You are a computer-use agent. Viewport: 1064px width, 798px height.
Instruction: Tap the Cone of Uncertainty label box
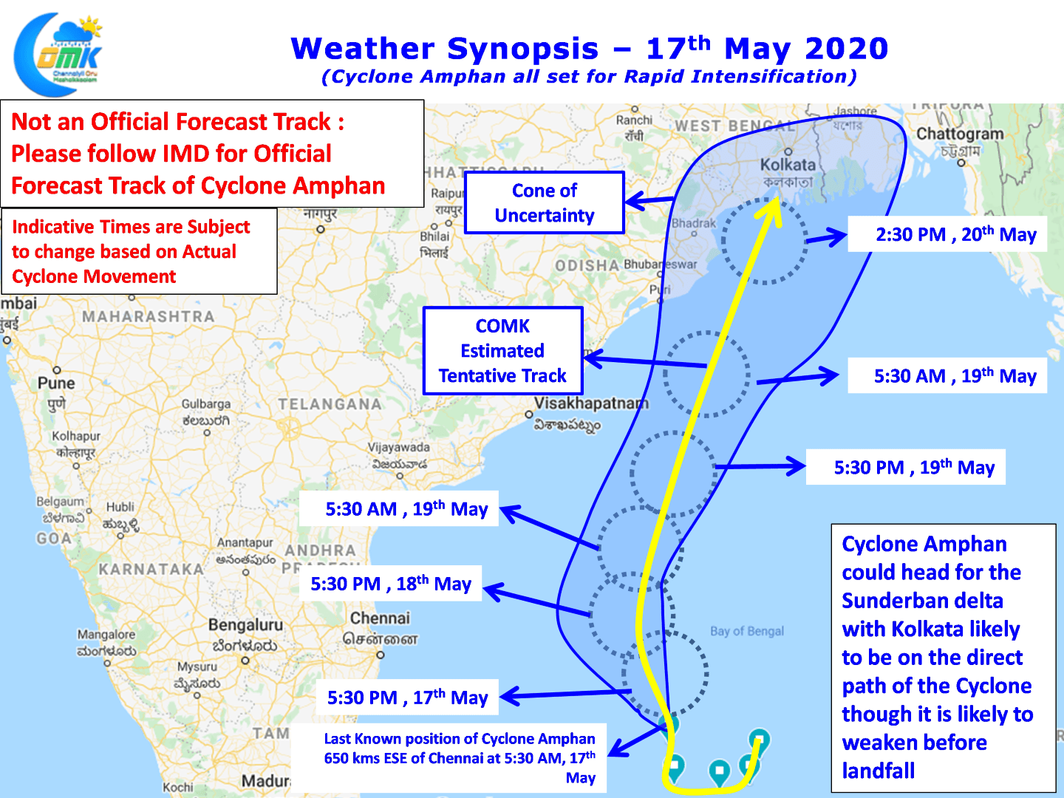pos(545,202)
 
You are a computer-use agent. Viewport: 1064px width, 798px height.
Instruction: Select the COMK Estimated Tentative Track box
pos(502,351)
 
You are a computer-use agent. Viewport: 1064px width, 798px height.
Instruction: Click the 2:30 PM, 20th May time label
pos(955,234)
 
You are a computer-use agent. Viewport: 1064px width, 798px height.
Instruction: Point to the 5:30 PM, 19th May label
pos(914,467)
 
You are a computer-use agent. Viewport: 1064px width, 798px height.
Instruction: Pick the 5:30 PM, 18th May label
pos(390,584)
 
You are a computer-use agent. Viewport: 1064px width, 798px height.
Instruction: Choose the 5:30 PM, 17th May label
pos(407,698)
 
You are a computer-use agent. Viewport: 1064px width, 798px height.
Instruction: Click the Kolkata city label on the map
pos(788,165)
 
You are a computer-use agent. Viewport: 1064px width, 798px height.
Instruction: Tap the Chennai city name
pos(380,618)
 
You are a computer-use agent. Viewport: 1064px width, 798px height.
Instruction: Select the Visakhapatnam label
pos(590,403)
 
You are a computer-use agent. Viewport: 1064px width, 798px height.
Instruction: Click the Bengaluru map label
pos(245,625)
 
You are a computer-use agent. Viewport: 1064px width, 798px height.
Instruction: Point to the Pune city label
pos(56,383)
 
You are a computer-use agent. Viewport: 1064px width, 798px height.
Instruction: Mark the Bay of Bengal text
pos(747,631)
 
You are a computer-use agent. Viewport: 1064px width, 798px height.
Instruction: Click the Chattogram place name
pos(960,134)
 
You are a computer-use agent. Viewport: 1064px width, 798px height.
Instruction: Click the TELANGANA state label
pos(330,404)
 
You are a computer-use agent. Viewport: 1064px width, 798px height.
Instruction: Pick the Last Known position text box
pos(459,757)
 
